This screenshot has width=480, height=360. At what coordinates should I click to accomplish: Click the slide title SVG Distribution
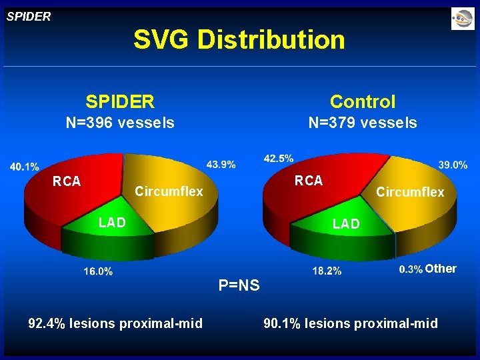[x=239, y=40]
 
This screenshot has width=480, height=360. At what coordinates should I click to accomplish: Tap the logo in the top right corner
[x=462, y=19]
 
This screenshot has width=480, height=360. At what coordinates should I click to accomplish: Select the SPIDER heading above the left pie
[x=120, y=101]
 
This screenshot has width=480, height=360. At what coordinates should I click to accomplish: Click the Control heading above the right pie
[x=363, y=101]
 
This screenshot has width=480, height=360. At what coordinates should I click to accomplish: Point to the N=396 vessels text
[x=120, y=123]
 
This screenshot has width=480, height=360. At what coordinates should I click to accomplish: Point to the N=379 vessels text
[x=363, y=123]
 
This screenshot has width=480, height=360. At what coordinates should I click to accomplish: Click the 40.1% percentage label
[x=24, y=167]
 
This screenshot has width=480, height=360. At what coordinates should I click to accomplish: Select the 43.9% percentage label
[x=221, y=164]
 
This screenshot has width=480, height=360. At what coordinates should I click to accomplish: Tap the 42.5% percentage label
[x=279, y=158]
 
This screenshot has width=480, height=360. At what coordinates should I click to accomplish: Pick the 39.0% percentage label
[x=453, y=164]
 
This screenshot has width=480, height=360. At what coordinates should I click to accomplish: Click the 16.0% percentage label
[x=98, y=271]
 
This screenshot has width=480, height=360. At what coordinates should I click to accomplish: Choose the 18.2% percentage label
[x=327, y=271]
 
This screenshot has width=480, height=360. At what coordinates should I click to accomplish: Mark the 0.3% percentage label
[x=411, y=269]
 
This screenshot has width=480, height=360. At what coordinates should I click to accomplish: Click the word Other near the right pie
[x=441, y=269]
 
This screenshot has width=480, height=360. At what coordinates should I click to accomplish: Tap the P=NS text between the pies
[x=239, y=286]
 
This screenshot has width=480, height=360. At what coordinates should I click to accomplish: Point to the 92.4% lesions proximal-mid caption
[x=115, y=324]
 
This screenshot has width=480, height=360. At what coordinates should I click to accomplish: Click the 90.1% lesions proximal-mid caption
[x=351, y=324]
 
